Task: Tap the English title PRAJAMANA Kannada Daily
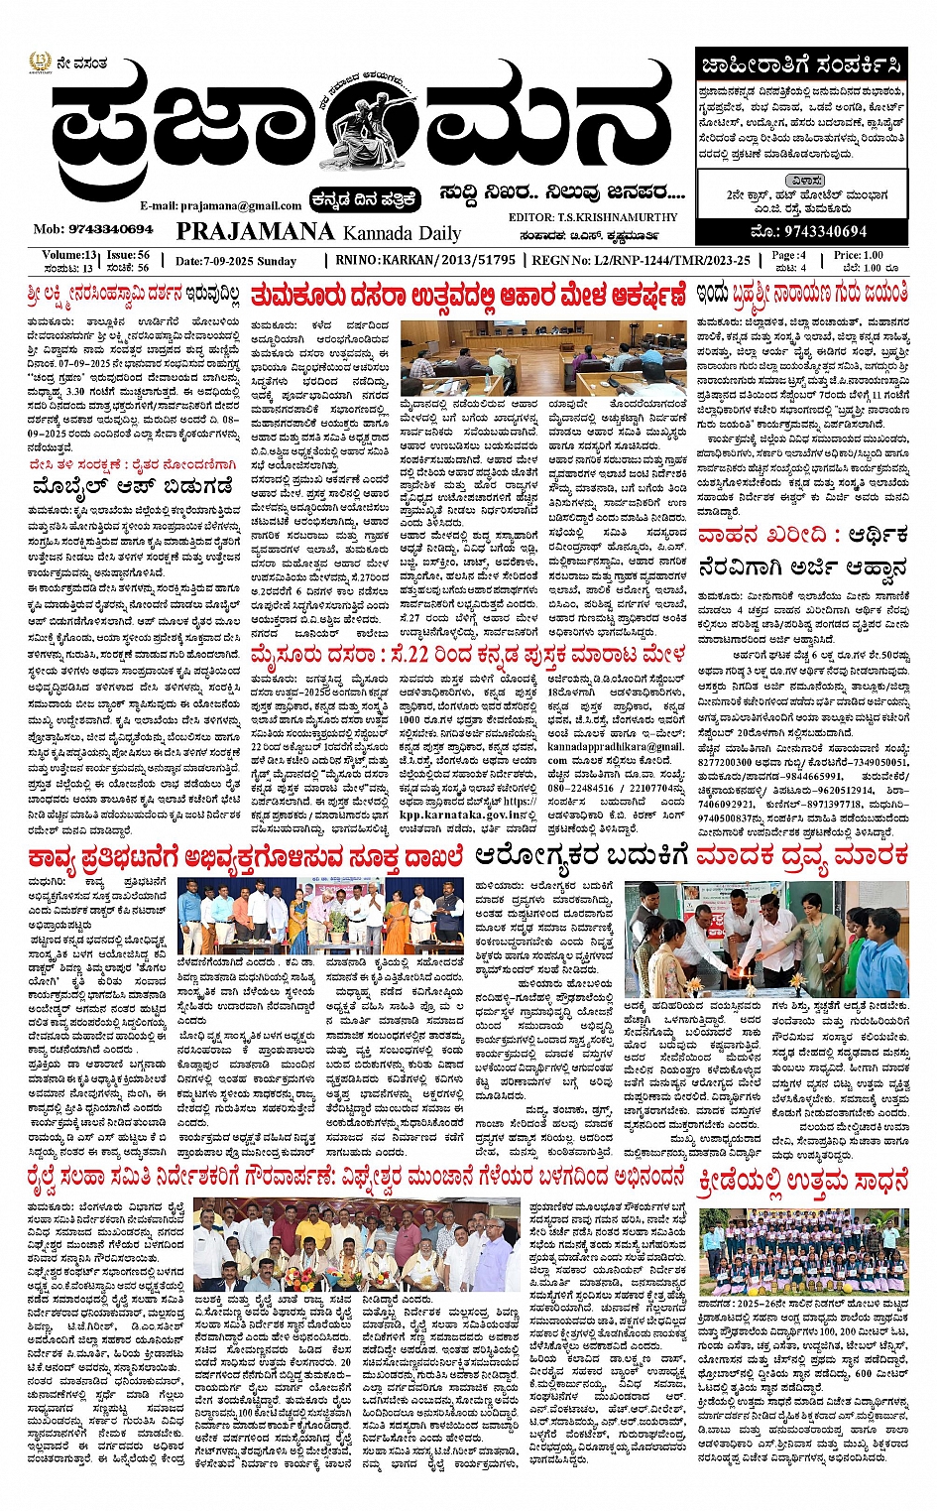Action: pos(318,232)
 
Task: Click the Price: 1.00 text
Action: pos(858,255)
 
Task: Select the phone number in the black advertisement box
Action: pos(810,231)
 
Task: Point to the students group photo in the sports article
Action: pos(803,1252)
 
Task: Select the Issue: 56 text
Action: pos(129,255)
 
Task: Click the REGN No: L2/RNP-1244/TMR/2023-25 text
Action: pos(641,260)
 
